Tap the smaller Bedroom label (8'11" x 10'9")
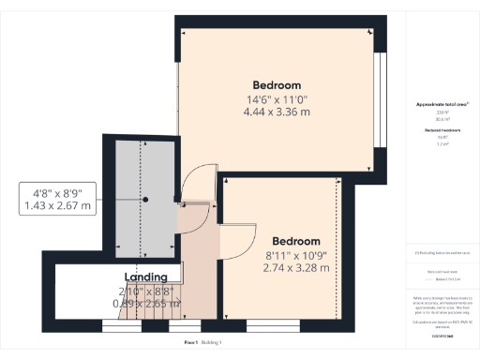(x=295, y=241)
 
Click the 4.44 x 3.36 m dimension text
(x=277, y=112)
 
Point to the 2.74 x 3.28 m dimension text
(x=295, y=268)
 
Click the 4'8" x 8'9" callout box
(x=57, y=198)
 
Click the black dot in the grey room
(x=145, y=200)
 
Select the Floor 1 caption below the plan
(x=190, y=344)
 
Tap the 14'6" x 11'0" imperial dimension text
(x=277, y=98)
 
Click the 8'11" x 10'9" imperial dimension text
(x=295, y=254)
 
